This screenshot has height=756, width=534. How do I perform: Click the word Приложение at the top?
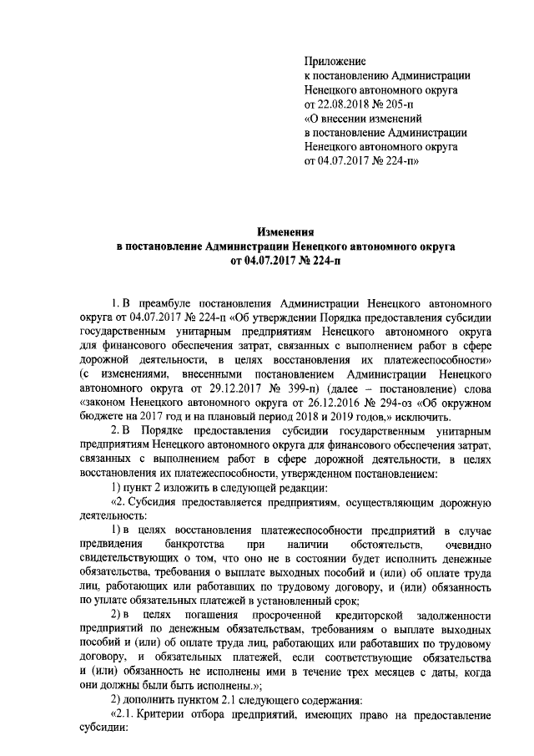[335, 62]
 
